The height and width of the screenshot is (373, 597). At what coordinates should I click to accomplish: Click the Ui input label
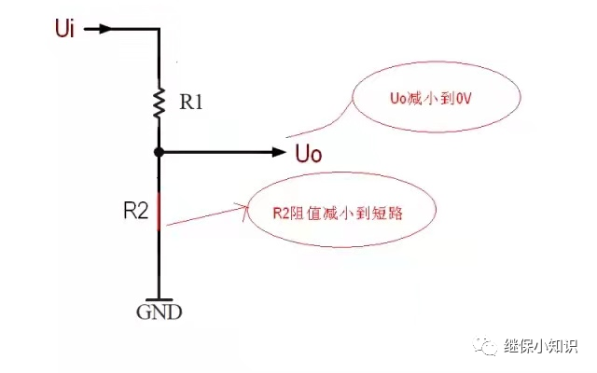tap(64, 28)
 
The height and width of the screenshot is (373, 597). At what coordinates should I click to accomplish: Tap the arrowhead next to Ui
tap(106, 29)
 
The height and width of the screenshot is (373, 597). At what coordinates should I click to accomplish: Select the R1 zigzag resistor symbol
tap(160, 102)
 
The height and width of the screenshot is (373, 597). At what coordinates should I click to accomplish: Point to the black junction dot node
tap(160, 151)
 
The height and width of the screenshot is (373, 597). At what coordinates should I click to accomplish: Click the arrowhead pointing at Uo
tap(278, 151)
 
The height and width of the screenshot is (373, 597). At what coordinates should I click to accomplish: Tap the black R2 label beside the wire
tap(136, 211)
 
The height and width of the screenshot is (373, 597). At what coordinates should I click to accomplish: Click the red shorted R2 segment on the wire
tap(160, 209)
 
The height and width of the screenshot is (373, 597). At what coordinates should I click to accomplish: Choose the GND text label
tap(160, 312)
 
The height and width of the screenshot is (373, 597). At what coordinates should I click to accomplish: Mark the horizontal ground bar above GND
tap(160, 297)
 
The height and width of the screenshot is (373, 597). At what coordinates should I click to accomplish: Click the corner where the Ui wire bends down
tap(160, 29)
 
